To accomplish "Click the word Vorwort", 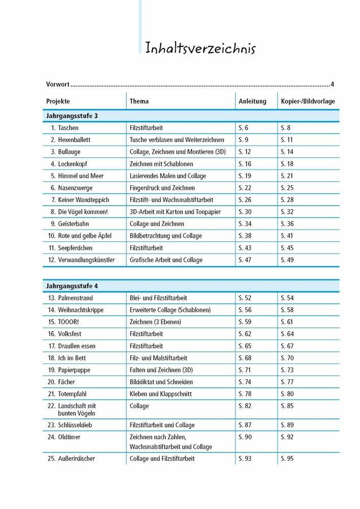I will (57, 84).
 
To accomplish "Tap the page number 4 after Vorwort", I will (332, 84).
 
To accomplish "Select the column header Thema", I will (139, 101).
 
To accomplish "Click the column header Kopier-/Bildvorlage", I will (308, 101).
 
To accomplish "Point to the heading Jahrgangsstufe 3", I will (72, 116).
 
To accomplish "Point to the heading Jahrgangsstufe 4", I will (72, 286).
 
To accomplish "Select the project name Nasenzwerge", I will (75, 188).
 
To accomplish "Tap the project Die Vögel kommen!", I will (83, 212).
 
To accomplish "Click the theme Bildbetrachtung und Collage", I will (166, 236).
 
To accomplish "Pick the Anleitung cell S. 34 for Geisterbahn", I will (245, 223).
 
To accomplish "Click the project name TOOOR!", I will (70, 322).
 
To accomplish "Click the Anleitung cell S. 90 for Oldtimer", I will (245, 437).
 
